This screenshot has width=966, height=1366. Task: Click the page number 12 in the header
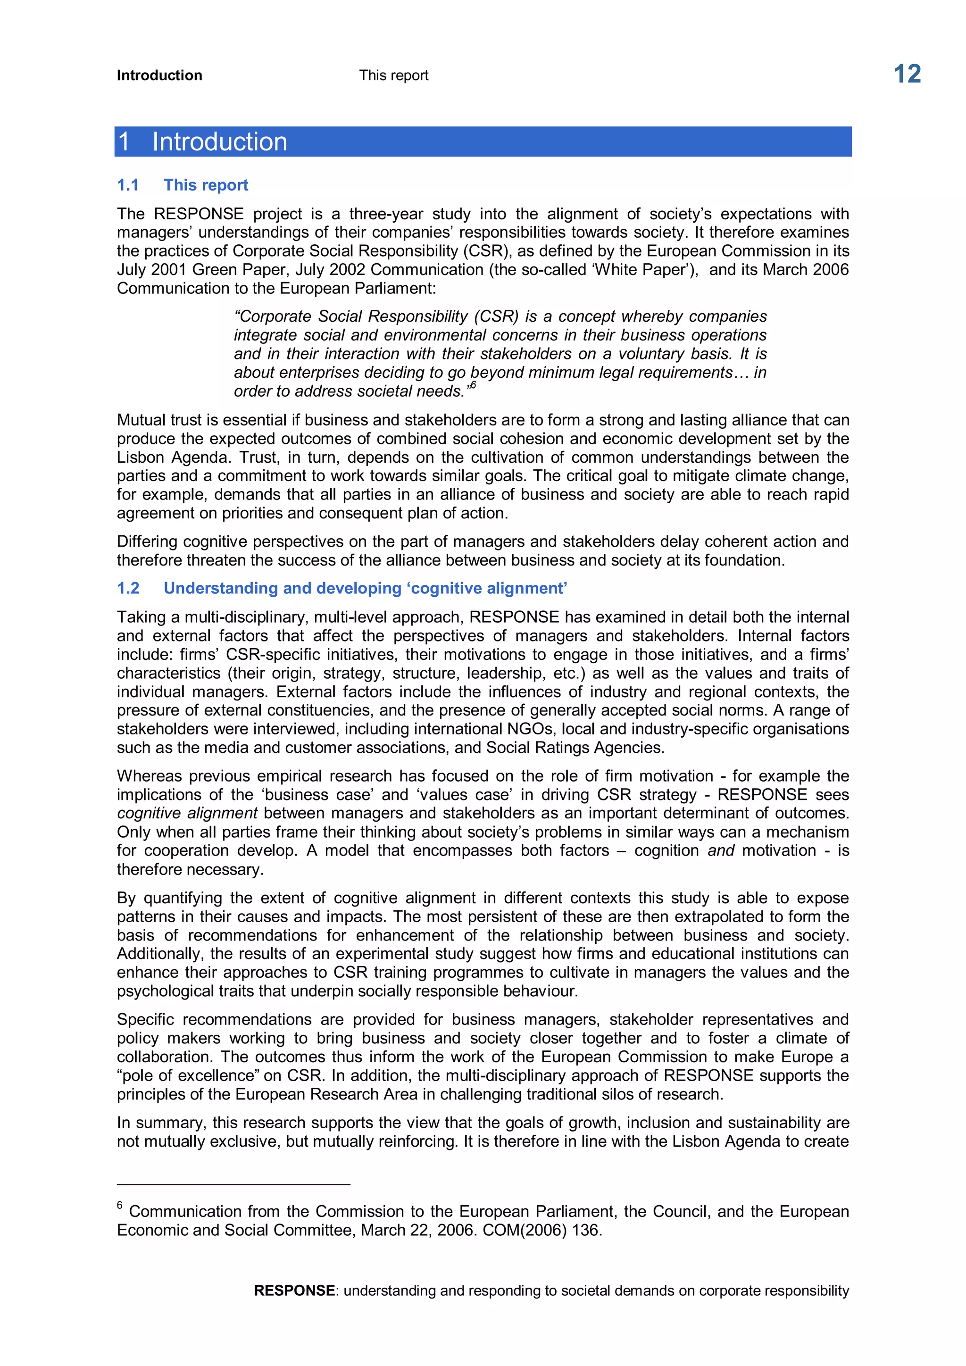907,75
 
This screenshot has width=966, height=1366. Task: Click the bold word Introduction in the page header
159,75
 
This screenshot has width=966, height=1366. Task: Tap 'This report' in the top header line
393,75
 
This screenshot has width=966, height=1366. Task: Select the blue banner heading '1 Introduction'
202,142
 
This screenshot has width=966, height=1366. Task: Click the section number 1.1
127,185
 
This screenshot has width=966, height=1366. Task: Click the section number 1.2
127,588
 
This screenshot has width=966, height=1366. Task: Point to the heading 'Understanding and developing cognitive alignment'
365,588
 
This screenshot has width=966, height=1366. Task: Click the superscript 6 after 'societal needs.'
473,385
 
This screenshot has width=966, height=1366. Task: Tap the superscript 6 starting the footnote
119,1205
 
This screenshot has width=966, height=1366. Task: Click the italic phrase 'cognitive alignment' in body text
187,813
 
